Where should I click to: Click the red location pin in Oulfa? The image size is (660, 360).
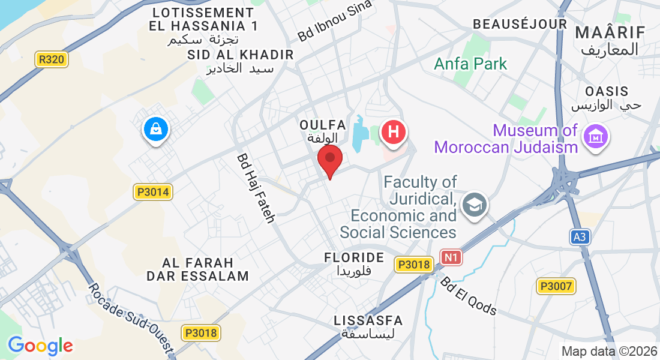[329, 160]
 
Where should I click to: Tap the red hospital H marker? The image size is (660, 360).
[393, 132]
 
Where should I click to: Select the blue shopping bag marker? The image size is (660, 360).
[155, 129]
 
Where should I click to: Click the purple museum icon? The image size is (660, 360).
[596, 137]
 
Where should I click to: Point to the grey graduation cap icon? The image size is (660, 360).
[475, 203]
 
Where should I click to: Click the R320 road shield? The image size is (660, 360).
[52, 59]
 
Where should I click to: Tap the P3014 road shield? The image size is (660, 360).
[153, 192]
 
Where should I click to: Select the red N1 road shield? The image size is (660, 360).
[452, 257]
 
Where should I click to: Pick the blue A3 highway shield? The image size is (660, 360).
[579, 237]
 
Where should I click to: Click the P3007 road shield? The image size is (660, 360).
[556, 286]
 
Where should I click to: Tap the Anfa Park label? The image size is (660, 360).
[470, 64]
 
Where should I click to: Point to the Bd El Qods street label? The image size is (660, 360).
[469, 296]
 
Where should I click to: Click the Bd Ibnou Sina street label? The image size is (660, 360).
[334, 22]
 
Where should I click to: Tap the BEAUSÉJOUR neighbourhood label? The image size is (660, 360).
[520, 24]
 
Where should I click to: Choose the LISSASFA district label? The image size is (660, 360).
[368, 320]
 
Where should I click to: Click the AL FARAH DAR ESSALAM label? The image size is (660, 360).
[197, 269]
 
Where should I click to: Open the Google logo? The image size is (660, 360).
[40, 346]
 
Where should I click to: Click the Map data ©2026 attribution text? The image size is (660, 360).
[608, 351]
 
